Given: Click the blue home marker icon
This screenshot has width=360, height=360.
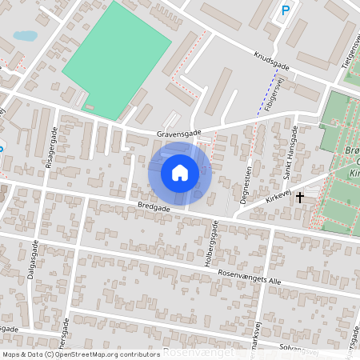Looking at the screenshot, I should pyautogui.click(x=180, y=173).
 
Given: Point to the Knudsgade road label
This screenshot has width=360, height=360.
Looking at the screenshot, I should pyautogui.click(x=270, y=62).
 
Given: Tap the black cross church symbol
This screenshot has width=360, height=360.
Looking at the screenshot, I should pyautogui.click(x=300, y=197).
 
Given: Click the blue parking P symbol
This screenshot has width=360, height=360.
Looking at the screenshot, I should pyautogui.click(x=286, y=10).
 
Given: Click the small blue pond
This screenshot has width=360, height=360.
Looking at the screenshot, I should pyautogui.click(x=25, y=36).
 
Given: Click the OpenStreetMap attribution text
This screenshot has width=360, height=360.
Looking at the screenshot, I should pyautogui.click(x=70, y=354).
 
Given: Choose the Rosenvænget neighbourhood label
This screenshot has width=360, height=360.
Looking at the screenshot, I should pyautogui.click(x=198, y=352).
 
